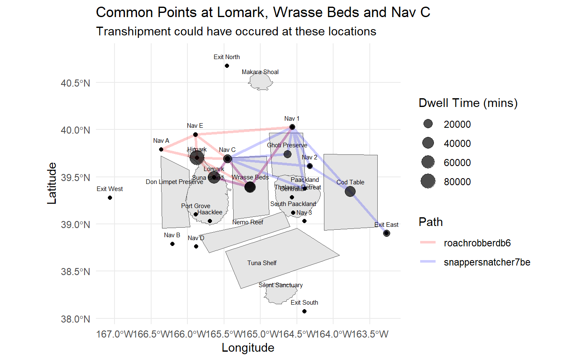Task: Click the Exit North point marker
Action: click(227, 66)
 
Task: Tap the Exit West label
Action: click(110, 189)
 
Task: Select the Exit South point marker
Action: click(304, 311)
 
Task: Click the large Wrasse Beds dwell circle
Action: click(250, 187)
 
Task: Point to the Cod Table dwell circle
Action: click(350, 191)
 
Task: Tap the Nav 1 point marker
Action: click(292, 127)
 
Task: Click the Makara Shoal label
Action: click(260, 72)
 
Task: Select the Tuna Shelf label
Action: click(262, 263)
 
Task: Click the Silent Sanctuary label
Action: click(281, 285)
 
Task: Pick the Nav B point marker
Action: click(172, 244)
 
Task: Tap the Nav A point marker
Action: click(161, 149)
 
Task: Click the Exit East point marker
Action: click(386, 233)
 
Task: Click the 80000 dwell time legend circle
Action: click(428, 181)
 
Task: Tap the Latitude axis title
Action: click(52, 183)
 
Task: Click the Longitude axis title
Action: click(248, 348)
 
